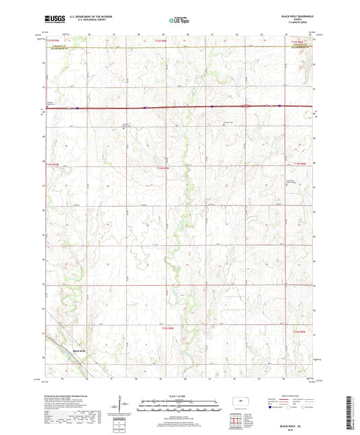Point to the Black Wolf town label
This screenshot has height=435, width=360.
point(78,351)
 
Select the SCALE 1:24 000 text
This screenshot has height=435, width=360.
point(179,395)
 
